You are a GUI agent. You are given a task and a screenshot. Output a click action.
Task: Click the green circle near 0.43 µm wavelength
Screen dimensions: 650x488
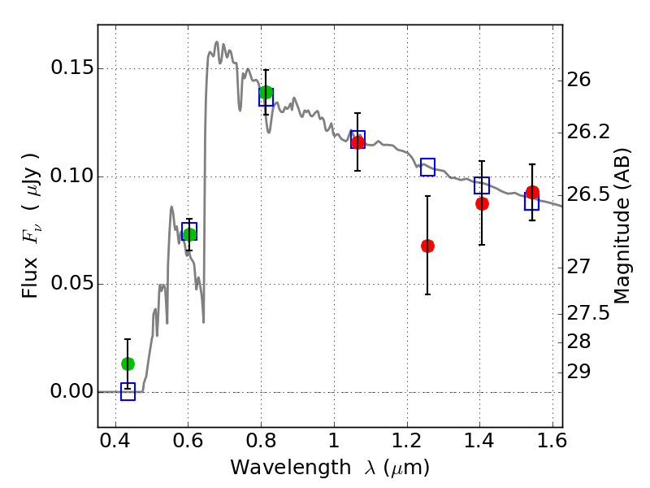click(128, 364)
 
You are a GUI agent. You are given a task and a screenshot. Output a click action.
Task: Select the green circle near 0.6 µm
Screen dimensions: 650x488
click(189, 234)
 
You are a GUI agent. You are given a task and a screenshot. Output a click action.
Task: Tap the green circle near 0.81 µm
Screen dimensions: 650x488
click(266, 92)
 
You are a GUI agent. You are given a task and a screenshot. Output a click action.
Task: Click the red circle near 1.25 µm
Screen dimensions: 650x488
click(427, 246)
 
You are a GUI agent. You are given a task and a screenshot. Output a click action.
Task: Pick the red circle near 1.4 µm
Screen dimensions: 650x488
click(482, 204)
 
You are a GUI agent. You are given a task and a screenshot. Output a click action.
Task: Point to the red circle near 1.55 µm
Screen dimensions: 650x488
click(532, 192)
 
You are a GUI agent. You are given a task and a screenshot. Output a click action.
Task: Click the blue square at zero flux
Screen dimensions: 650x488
click(128, 392)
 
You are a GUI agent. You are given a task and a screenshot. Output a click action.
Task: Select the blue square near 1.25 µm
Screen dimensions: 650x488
click(428, 168)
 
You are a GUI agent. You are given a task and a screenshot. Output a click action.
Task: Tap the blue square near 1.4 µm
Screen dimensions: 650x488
click(482, 185)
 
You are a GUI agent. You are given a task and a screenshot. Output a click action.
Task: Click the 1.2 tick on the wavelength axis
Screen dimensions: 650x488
click(407, 441)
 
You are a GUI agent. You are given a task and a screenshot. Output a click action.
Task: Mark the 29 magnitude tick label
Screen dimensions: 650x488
click(578, 372)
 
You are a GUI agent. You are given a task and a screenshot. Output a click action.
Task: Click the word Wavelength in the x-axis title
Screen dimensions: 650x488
click(291, 468)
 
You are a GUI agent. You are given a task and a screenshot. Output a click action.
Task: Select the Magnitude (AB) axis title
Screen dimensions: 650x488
click(622, 226)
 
